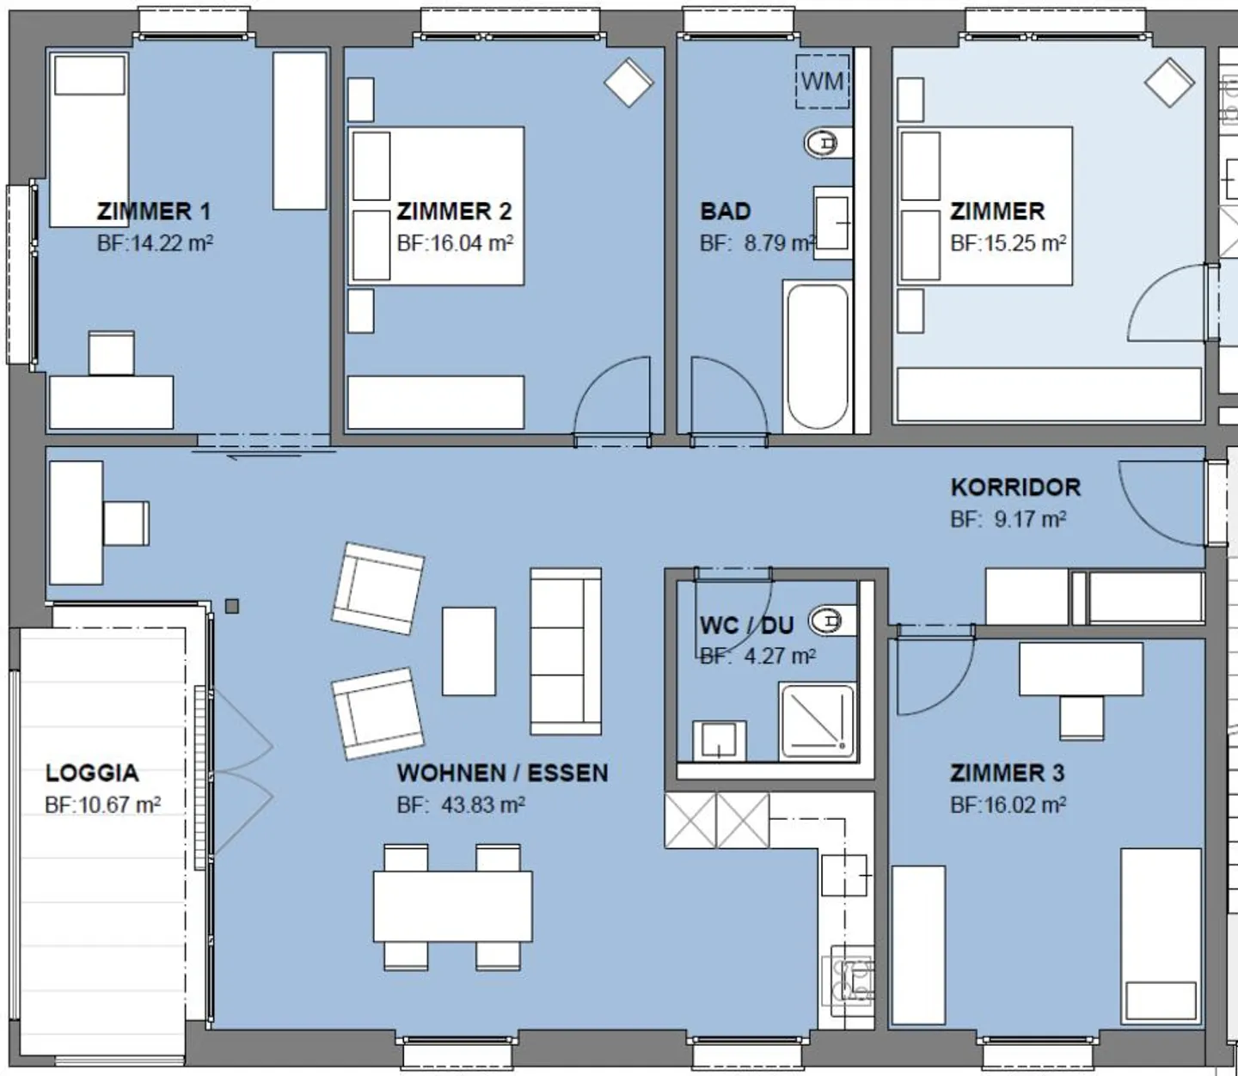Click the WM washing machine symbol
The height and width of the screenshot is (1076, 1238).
(x=822, y=81)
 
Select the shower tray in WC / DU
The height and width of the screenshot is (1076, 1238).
(x=818, y=721)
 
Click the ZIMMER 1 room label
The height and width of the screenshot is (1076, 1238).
(x=154, y=211)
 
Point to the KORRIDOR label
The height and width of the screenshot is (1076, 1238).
(x=1015, y=487)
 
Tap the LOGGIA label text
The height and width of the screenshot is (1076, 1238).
(x=92, y=773)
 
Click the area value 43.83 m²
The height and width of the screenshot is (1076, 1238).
(x=483, y=805)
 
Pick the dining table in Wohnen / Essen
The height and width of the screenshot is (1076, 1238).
(x=452, y=906)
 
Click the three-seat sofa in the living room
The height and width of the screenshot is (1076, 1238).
(x=566, y=651)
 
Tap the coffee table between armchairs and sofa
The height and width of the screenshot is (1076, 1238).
(x=469, y=651)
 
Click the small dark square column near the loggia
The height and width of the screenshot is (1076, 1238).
(x=232, y=606)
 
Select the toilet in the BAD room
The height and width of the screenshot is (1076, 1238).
(x=826, y=144)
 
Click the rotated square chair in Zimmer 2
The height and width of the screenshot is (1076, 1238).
(x=628, y=83)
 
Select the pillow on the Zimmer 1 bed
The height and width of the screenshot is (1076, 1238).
(x=90, y=75)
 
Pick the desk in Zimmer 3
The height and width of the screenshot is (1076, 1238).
(x=1082, y=669)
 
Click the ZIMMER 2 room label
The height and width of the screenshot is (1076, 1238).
(x=455, y=211)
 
